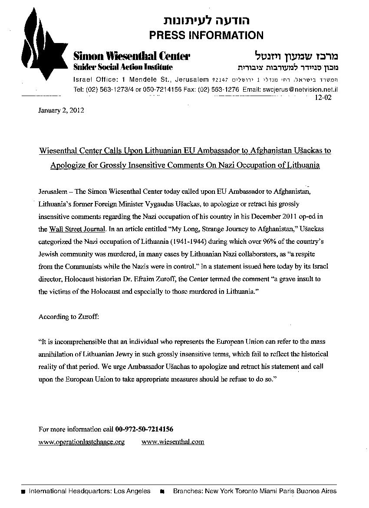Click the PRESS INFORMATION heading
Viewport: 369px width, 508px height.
coord(206,35)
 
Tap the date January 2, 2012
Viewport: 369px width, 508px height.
coord(61,110)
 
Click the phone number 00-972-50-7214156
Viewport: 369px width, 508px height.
coord(145,429)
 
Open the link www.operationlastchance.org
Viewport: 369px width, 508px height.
coord(82,442)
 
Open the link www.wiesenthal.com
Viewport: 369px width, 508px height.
coord(173,442)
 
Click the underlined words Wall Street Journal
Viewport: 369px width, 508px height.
coord(77,229)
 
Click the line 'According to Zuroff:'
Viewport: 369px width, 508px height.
coord(69,317)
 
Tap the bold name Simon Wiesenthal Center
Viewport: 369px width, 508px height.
coord(132,56)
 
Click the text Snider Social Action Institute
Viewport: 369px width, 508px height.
coord(123,67)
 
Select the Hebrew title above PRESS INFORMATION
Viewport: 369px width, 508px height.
coord(206,20)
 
